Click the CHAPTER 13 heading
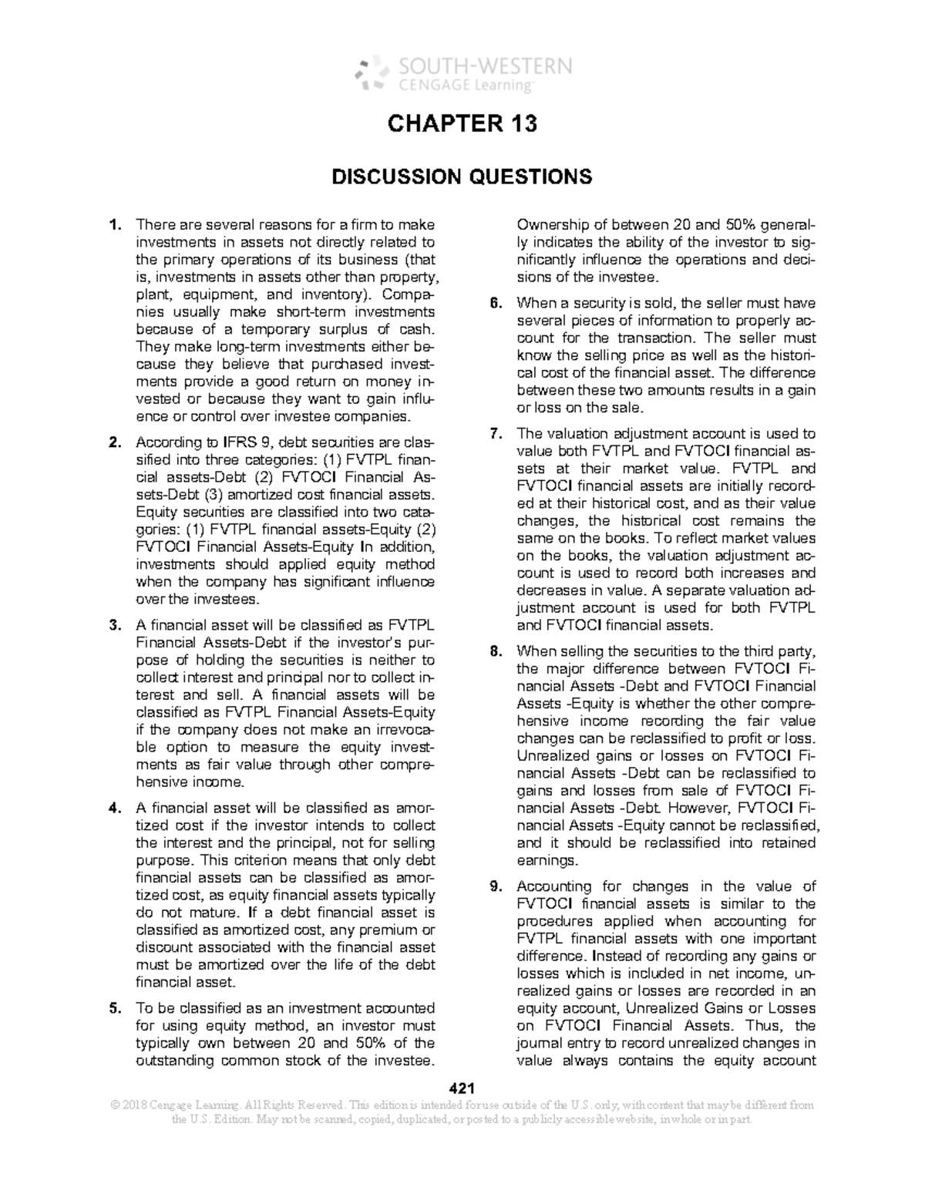click(462, 124)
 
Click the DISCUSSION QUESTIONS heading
click(462, 177)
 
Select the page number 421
click(461, 1088)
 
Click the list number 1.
click(115, 225)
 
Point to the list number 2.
click(115, 443)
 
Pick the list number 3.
click(115, 625)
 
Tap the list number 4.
click(115, 808)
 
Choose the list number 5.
click(115, 1008)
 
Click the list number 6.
click(496, 303)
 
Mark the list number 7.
click(496, 434)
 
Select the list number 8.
click(496, 651)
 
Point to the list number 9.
click(496, 886)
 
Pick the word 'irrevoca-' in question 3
click(404, 730)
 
